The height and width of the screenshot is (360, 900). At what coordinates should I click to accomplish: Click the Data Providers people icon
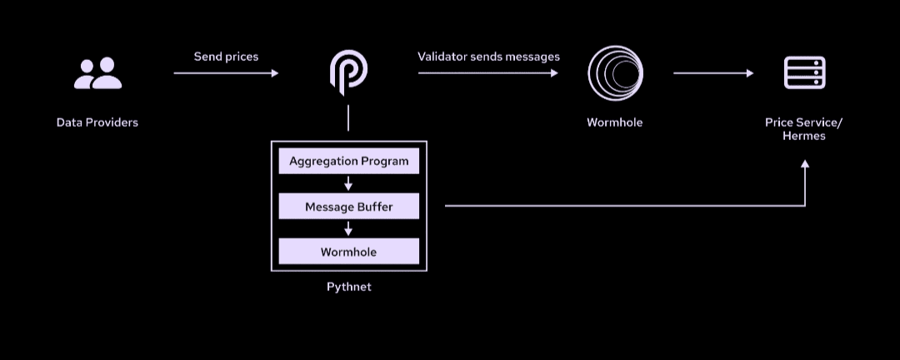click(x=97, y=73)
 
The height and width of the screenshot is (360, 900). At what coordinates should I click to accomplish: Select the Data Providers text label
click(x=97, y=122)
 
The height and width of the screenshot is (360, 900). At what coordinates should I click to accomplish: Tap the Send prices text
click(x=226, y=57)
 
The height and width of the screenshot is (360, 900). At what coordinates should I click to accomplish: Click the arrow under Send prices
click(x=226, y=73)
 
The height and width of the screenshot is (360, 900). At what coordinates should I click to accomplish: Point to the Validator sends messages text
click(x=488, y=57)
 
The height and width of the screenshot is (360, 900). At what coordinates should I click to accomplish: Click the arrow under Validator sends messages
click(x=488, y=73)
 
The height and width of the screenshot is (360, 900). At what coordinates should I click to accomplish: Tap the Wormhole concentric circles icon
click(x=614, y=73)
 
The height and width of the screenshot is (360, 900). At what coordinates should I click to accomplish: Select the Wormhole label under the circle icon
click(x=614, y=122)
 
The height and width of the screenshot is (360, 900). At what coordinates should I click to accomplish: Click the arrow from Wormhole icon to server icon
click(x=713, y=73)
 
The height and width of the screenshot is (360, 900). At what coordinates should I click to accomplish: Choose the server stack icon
click(x=804, y=73)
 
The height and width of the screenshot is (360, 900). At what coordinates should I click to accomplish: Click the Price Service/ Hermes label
click(x=804, y=129)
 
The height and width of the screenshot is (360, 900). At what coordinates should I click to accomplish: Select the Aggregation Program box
click(x=348, y=161)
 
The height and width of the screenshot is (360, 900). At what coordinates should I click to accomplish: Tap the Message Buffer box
click(x=348, y=207)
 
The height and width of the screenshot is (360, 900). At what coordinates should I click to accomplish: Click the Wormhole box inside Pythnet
click(x=348, y=252)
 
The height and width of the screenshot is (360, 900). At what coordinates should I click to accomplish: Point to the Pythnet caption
click(x=348, y=287)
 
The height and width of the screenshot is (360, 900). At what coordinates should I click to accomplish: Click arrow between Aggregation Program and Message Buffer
click(x=348, y=183)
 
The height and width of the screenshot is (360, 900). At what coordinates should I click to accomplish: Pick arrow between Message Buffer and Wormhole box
click(x=348, y=229)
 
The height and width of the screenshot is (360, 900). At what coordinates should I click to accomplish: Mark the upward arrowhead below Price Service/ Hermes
click(x=805, y=165)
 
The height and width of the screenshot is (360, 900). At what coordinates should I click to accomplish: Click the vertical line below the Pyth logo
click(x=348, y=117)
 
